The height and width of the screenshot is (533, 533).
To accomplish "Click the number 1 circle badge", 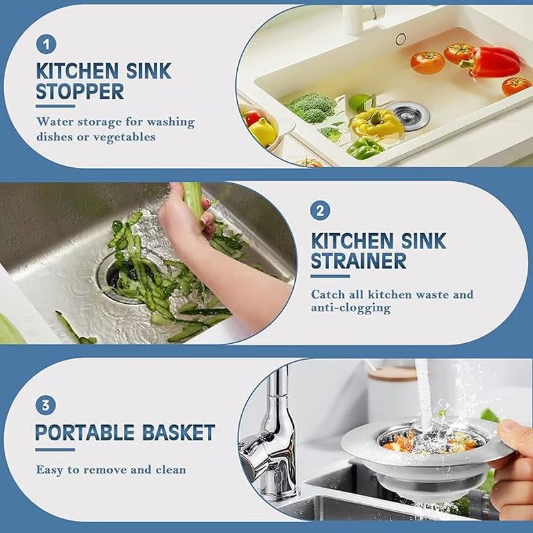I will coord(46,45).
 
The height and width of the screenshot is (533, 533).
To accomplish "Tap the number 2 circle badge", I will coord(320,211).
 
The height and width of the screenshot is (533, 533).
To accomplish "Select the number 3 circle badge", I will coord(46,405).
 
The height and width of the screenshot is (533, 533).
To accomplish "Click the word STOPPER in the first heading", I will coord(80,91).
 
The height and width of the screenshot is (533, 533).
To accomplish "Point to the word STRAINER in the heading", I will coord(358,261).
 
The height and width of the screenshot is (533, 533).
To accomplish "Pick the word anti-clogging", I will coord(350,308).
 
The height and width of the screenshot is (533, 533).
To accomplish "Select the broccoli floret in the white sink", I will coord(311,106).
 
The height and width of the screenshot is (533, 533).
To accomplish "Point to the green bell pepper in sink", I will coord(365,148).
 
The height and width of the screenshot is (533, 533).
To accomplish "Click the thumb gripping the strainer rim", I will coord(514,434).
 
